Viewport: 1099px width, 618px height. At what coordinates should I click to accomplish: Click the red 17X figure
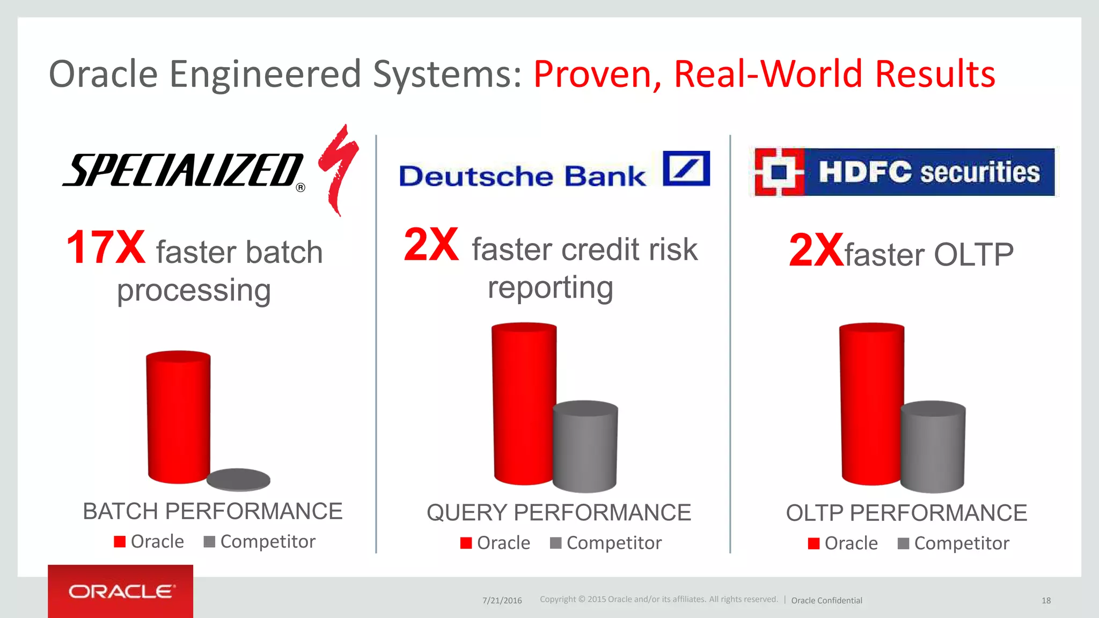coord(105,247)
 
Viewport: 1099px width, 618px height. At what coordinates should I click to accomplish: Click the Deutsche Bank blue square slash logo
coord(686,168)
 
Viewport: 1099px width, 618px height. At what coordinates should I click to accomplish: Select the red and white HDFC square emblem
coord(779,172)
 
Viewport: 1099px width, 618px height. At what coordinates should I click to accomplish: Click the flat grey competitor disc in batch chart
coord(238,479)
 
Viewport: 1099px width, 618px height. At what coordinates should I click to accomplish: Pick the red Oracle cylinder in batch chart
coord(178,417)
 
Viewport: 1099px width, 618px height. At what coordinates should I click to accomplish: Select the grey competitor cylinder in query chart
coord(585,446)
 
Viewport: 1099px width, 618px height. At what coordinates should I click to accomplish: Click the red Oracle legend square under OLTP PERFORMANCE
coord(814,543)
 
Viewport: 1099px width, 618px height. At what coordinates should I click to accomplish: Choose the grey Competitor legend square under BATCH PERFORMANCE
coord(209,542)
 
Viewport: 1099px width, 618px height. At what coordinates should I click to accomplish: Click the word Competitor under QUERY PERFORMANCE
coord(614,543)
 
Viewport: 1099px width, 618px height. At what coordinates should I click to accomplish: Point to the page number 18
coord(1046,600)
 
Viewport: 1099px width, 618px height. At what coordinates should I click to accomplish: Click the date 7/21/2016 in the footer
coord(502,600)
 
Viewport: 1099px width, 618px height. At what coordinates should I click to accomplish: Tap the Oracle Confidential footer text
coord(826,600)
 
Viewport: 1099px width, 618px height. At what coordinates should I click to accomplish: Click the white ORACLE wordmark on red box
coord(121,591)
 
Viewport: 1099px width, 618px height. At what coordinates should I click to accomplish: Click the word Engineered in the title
coord(265,74)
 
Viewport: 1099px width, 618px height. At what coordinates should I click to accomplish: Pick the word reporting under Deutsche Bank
coord(550,288)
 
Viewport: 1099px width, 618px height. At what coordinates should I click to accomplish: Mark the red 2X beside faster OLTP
coord(816,251)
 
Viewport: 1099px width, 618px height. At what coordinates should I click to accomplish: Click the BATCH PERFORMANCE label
coord(213,511)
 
